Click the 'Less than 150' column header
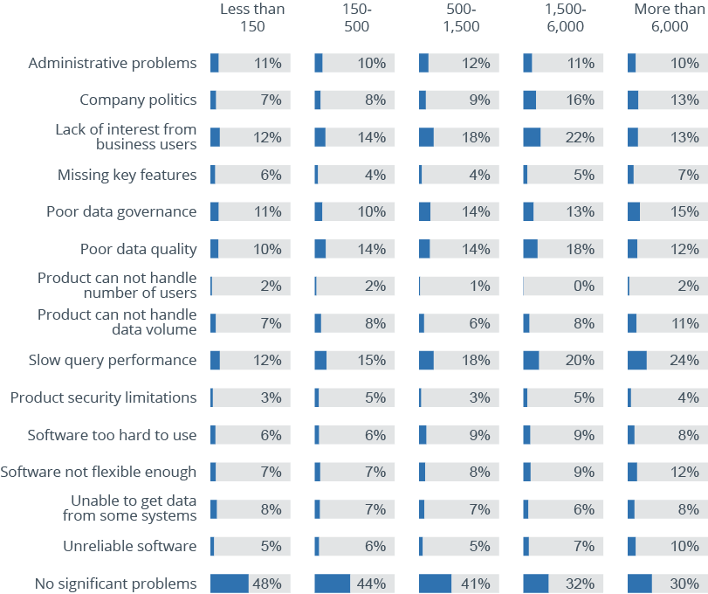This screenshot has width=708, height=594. point(251,17)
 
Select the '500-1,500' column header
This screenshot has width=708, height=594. point(461,17)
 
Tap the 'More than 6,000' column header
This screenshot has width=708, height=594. point(670,17)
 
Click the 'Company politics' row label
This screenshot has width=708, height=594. point(138,100)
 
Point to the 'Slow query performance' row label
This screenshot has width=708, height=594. point(113,360)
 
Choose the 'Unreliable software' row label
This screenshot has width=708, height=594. point(129,546)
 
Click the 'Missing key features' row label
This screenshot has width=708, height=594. point(127,175)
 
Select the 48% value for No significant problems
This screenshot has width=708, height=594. point(266,584)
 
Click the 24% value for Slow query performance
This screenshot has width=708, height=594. point(684,360)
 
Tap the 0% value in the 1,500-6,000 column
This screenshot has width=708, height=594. point(584,286)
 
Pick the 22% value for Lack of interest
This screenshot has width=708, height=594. point(581,137)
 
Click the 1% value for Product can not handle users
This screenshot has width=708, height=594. point(479,286)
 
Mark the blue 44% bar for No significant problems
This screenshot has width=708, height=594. point(332,584)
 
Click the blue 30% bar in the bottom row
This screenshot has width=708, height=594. point(639,584)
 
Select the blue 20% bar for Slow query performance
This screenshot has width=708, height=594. point(531,360)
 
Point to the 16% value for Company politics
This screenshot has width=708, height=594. point(581,100)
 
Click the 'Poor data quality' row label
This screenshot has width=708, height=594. point(138,249)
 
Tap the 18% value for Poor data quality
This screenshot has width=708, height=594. point(581,249)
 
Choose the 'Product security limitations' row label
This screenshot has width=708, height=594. point(103,397)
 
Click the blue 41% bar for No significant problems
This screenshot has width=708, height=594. point(435,584)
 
